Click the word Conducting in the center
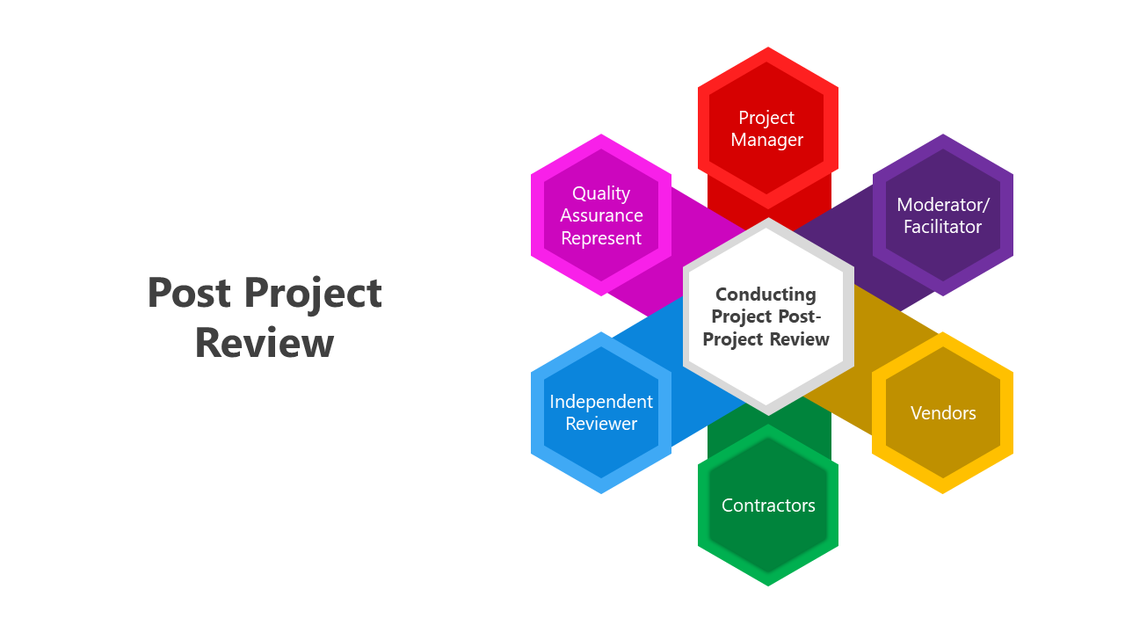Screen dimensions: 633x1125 click(766, 295)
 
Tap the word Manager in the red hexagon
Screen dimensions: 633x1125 click(767, 140)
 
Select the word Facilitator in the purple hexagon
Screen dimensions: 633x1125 click(943, 227)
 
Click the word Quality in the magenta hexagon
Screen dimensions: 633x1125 click(601, 193)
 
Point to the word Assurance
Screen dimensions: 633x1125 click(602, 215)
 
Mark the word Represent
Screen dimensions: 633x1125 click(601, 238)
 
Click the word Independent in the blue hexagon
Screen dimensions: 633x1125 click(601, 402)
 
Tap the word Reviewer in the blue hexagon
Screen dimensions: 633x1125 click(601, 424)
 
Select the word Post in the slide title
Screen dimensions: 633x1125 click(190, 293)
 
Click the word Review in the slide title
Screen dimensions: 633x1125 click(265, 343)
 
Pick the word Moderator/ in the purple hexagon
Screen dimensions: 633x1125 click(943, 205)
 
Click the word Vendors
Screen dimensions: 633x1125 click(943, 413)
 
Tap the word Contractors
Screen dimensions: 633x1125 click(768, 506)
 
